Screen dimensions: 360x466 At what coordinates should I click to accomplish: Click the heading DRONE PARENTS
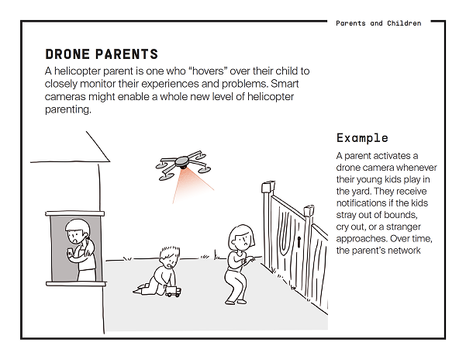pyautogui.click(x=102, y=54)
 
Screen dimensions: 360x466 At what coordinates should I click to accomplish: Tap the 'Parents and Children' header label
pyautogui.click(x=378, y=23)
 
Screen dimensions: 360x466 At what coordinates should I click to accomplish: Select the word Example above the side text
pyautogui.click(x=362, y=138)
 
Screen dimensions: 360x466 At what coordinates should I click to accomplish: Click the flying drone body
pyautogui.click(x=182, y=164)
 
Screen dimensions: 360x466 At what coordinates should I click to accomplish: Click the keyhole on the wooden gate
pyautogui.click(x=298, y=243)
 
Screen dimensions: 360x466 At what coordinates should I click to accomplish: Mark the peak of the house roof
pyautogui.click(x=85, y=133)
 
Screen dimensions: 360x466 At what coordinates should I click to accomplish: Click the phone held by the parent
pyautogui.click(x=71, y=251)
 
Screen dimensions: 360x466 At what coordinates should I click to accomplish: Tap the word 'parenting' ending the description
pyautogui.click(x=67, y=110)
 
